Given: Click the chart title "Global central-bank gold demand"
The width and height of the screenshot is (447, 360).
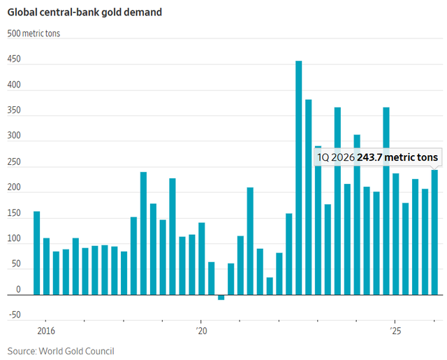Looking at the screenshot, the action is (85, 13).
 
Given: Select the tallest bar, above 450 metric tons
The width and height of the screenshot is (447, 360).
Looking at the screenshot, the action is (299, 178).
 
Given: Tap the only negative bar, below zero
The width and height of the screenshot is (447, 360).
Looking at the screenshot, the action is (221, 297).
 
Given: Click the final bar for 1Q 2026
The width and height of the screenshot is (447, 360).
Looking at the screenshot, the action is (434, 232).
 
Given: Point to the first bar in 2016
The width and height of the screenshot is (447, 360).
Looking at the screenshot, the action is (37, 253).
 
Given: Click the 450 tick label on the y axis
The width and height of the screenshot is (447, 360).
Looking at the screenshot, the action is (14, 59).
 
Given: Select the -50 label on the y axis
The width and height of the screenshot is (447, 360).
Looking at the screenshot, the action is (15, 315).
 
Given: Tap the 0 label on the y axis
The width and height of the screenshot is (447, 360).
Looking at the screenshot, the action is (18, 289).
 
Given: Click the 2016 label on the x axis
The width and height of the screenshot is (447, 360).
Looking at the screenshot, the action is (46, 331).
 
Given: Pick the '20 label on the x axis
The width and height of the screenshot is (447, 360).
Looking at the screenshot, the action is (201, 331).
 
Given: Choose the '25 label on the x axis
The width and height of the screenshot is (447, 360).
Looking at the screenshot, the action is (395, 331).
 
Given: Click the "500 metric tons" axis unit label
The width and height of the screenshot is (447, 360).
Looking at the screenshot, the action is (34, 34).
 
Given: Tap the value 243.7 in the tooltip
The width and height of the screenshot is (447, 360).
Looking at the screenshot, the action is (369, 157).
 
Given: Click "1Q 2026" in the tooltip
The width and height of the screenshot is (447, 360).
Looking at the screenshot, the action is (336, 157).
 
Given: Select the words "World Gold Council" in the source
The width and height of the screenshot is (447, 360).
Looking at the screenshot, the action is (76, 351).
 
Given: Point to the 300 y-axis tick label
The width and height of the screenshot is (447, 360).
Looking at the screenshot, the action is (14, 136).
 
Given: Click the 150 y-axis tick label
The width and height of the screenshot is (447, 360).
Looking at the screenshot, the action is (14, 213).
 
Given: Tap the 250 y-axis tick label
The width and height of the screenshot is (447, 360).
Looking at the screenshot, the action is (14, 161).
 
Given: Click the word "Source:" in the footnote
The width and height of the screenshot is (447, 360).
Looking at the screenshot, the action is (22, 351).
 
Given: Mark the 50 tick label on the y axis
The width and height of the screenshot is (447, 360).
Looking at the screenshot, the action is (16, 264).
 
